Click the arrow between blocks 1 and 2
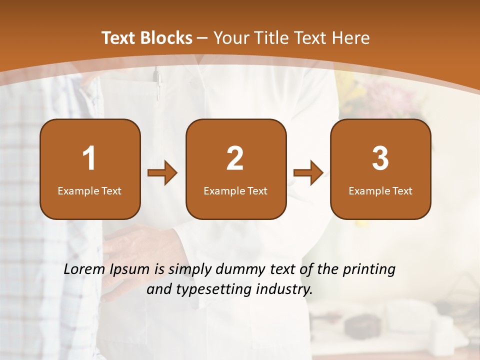[x=162, y=173]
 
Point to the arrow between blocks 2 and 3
[x=308, y=173]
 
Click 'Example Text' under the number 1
[x=89, y=191]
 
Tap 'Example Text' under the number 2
[x=235, y=191]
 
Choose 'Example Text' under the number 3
[x=380, y=191]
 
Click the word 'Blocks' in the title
[x=166, y=38]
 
